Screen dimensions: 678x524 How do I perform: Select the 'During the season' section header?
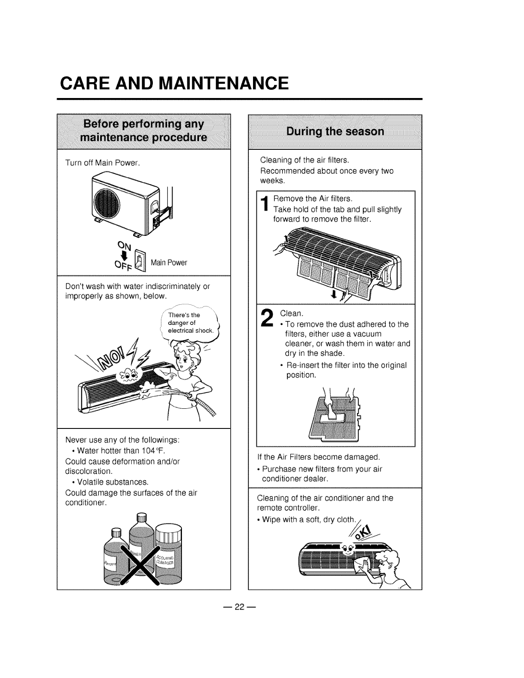(x=335, y=131)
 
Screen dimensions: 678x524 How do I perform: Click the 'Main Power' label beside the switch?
(x=169, y=263)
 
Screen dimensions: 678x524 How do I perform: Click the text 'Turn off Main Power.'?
(x=103, y=163)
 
